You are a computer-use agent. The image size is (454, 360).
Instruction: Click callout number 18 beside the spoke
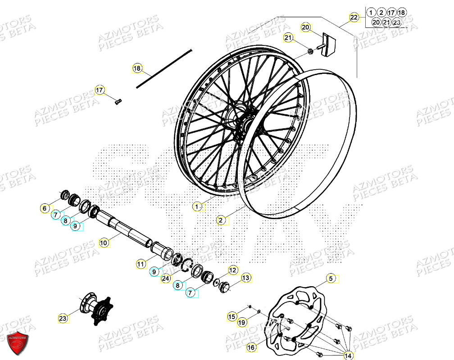point(137,69)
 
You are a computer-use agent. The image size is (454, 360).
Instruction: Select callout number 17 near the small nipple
point(100,90)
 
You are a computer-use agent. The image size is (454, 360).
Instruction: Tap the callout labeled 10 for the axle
point(104,243)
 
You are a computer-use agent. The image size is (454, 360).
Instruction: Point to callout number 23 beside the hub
point(63,319)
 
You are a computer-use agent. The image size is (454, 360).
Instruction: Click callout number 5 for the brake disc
point(331,279)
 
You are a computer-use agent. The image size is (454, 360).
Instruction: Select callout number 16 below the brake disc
point(251,347)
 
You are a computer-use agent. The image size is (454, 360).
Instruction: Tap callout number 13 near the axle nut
point(245,278)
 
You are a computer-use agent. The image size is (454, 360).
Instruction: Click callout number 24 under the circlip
point(166,279)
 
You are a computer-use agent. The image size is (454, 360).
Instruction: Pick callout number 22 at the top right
point(354,18)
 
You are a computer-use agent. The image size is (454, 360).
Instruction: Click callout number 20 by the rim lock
point(306,28)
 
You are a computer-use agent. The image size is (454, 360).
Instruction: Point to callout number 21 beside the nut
point(289,38)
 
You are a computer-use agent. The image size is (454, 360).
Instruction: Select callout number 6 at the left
point(45,208)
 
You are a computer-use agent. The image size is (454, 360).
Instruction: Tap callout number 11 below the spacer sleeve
point(141,264)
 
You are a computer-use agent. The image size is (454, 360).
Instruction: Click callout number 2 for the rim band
point(221,220)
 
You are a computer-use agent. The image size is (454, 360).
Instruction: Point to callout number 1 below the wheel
point(197,207)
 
